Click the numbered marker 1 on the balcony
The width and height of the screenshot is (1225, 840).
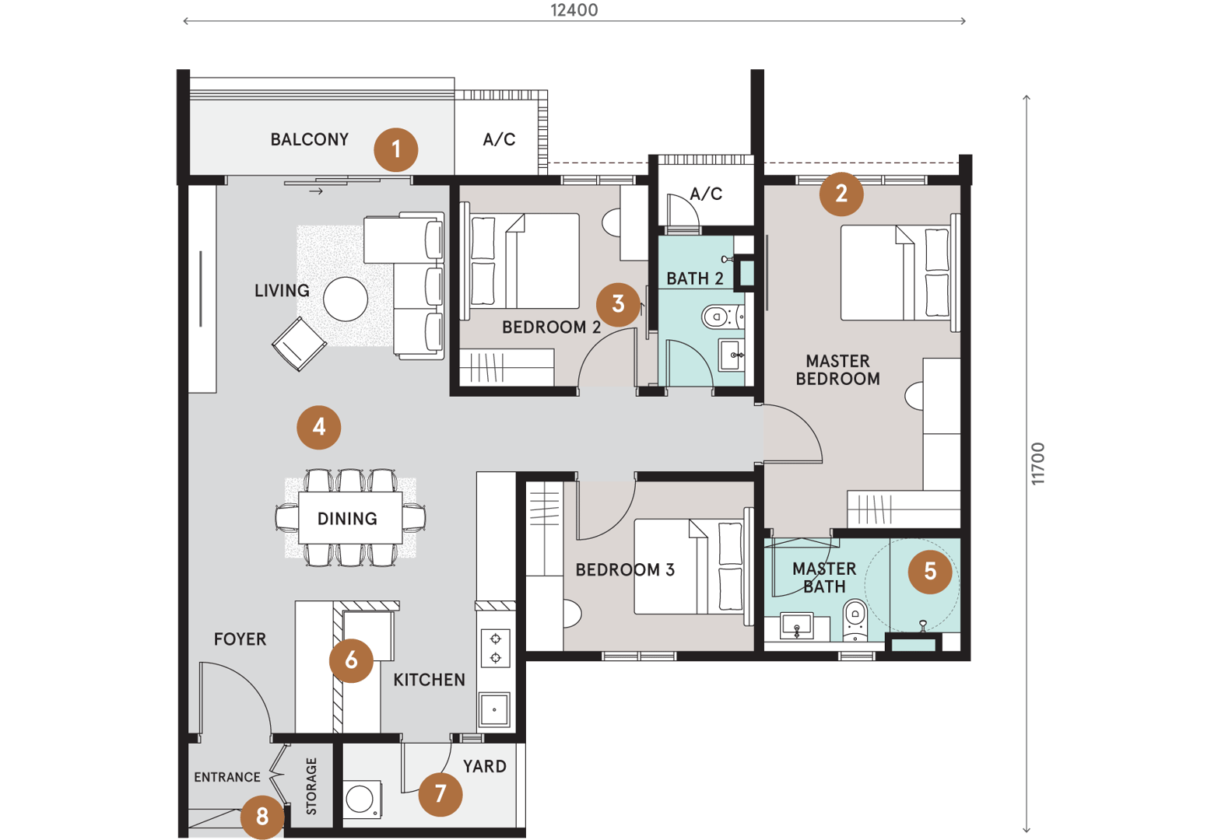[x=396, y=150]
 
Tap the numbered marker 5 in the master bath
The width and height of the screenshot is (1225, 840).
[x=930, y=572]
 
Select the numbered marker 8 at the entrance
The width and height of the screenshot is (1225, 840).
[x=262, y=817]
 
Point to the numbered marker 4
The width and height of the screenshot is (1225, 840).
[x=319, y=427]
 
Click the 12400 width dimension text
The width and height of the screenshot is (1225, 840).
[x=574, y=10]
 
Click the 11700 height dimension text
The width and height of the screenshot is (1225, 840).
[x=1038, y=464]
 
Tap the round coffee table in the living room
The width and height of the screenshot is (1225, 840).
[x=346, y=299]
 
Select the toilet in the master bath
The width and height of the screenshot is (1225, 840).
[x=855, y=620]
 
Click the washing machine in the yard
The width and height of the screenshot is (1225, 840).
[x=362, y=800]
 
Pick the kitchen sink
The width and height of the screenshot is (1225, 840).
[x=494, y=709]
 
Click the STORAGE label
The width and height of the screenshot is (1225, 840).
[x=311, y=786]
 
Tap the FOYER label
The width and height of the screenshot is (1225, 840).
[x=240, y=639]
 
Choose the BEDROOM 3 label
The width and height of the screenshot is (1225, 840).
[x=625, y=570]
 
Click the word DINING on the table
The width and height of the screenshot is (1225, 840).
[x=347, y=519]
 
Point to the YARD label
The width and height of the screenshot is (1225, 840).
[x=485, y=766]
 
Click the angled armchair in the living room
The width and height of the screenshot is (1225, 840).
[x=299, y=345]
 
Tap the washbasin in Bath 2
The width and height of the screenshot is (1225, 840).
[x=732, y=355]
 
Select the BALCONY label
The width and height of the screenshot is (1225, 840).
[x=310, y=139]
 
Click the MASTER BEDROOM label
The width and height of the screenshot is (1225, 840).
[x=838, y=370]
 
